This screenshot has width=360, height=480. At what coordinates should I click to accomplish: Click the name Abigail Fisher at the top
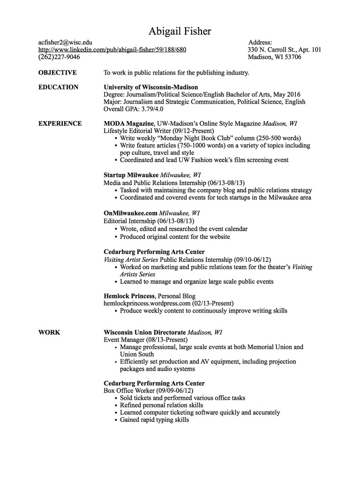[x=180, y=31]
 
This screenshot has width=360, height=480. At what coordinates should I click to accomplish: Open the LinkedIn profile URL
[x=112, y=50]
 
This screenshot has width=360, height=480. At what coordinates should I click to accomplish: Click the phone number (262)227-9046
[x=59, y=57]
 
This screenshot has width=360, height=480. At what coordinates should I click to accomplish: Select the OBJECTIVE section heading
[x=57, y=73]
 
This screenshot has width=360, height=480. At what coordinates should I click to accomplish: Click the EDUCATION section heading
[x=58, y=87]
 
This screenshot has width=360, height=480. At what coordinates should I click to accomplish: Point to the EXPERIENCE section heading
[x=60, y=123]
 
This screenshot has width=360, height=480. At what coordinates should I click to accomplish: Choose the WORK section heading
[x=49, y=332]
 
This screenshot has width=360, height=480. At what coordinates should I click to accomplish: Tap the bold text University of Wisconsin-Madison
[x=150, y=87]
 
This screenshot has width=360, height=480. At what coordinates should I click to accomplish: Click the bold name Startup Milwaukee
[x=131, y=175]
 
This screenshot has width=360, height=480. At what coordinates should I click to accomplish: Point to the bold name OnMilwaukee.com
[x=130, y=213]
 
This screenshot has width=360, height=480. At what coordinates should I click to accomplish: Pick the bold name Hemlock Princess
[x=129, y=296]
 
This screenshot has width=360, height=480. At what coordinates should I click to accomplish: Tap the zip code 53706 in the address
[x=292, y=57]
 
